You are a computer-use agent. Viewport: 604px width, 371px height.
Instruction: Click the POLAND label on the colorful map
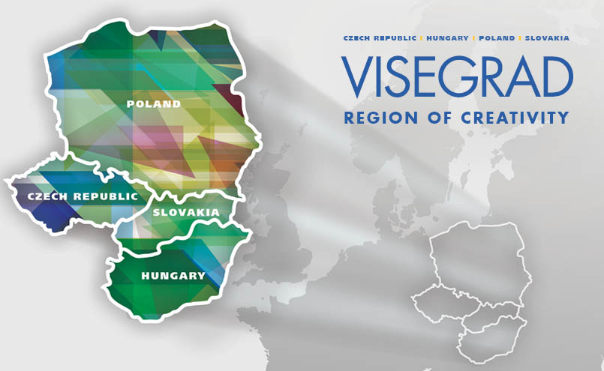154,103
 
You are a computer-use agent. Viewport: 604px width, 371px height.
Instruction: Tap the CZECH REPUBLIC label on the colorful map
83,196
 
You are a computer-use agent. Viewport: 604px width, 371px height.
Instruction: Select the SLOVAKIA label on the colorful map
186,212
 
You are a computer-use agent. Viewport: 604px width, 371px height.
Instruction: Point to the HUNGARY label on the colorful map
173,275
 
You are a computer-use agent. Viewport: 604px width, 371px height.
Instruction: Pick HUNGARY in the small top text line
447,37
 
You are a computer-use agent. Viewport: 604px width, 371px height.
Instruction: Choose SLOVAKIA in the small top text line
547,37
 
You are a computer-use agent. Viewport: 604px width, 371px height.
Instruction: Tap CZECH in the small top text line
357,37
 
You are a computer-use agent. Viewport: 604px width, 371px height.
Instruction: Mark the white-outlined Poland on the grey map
477,259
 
